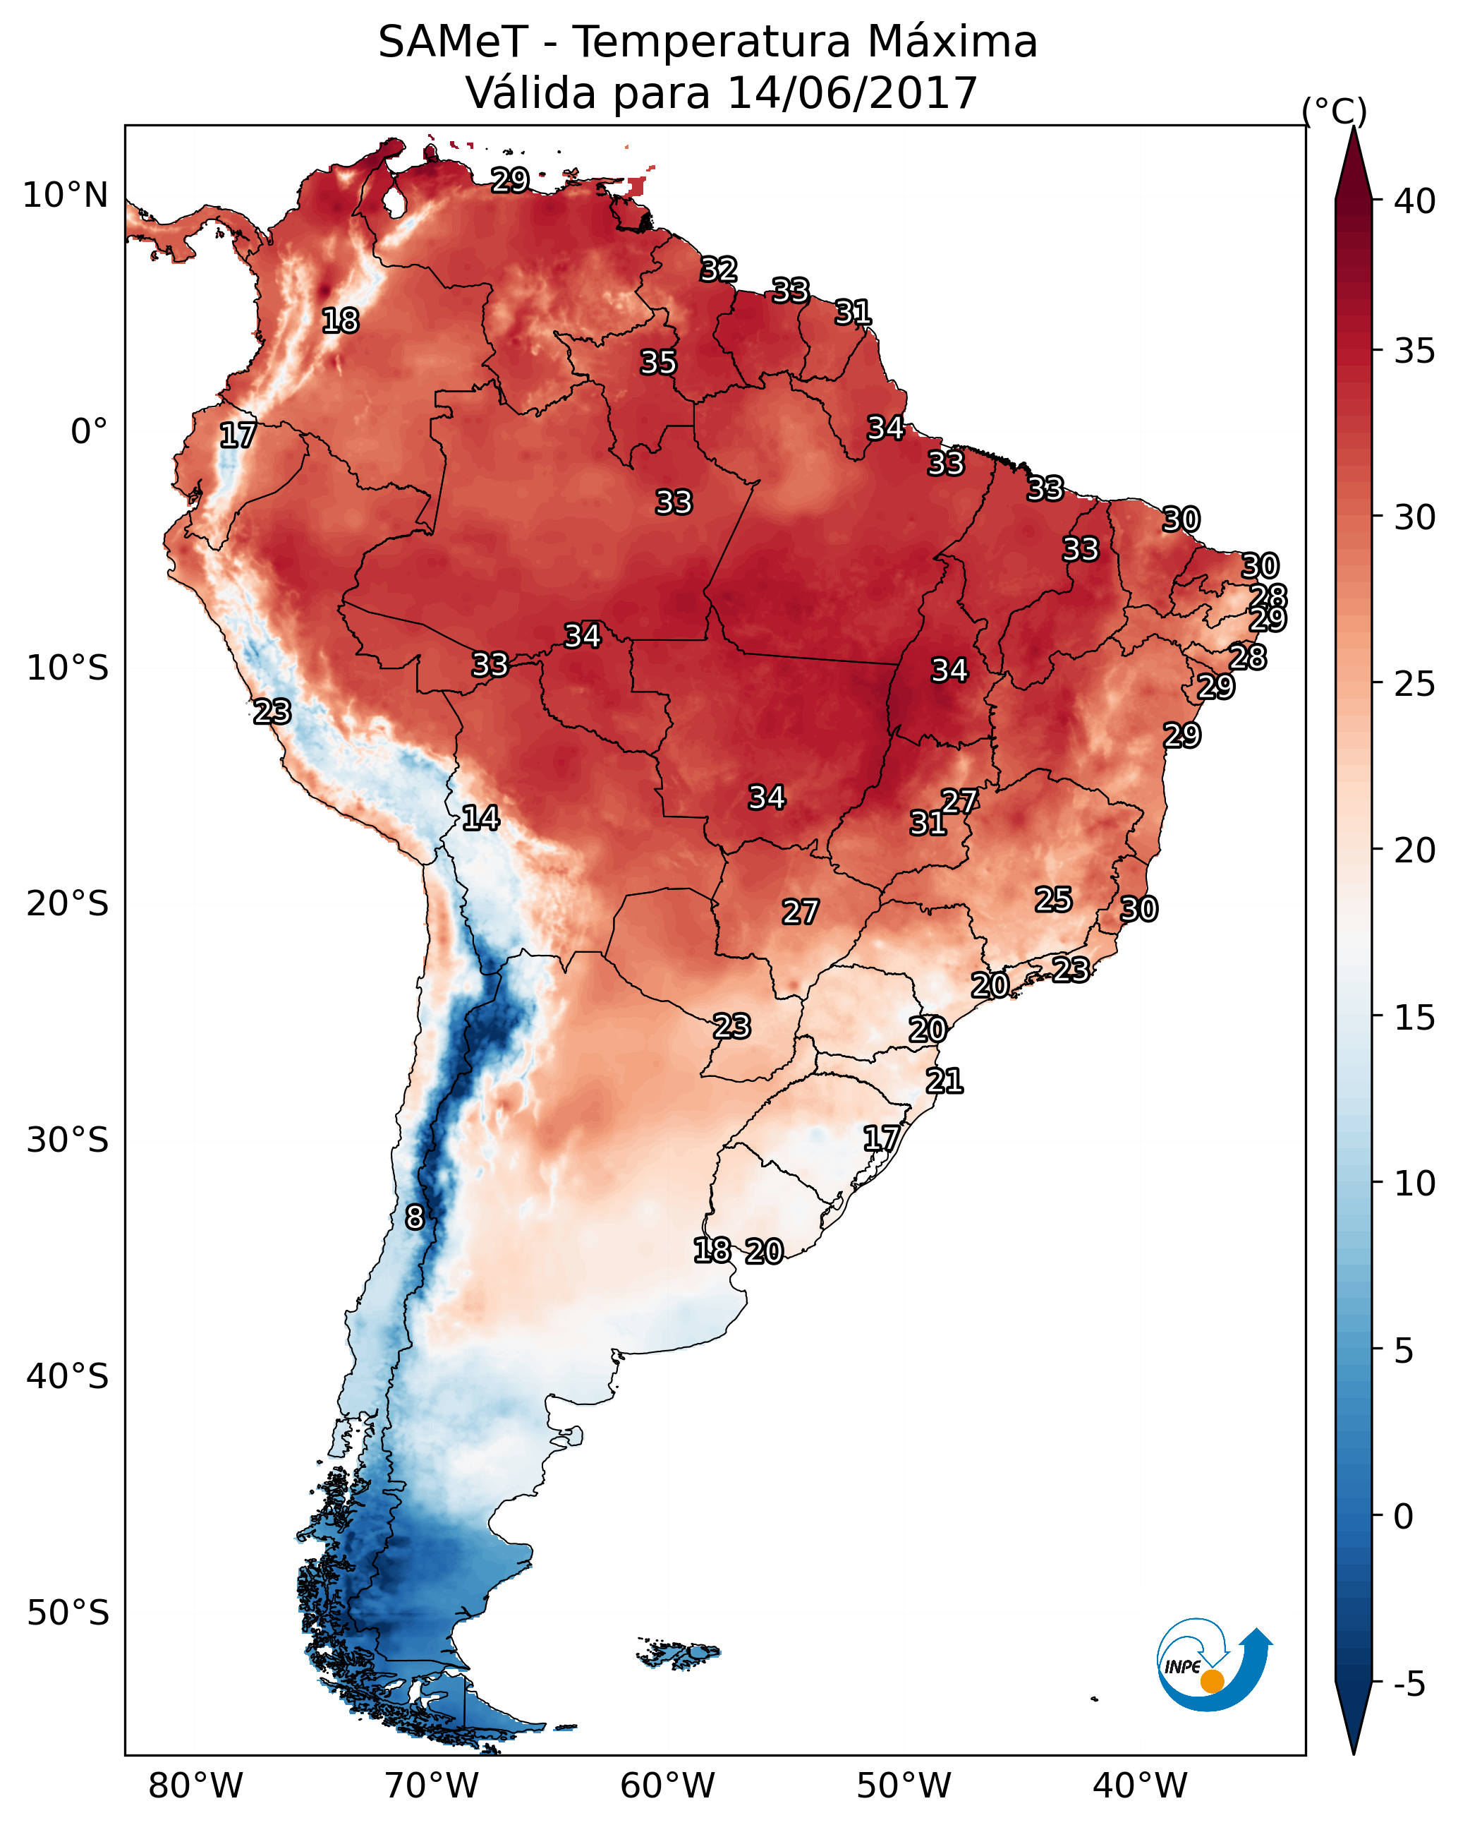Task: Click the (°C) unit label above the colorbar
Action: pyautogui.click(x=1334, y=111)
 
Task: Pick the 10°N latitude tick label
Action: pyautogui.click(x=65, y=195)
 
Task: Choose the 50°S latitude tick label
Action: pyautogui.click(x=68, y=1613)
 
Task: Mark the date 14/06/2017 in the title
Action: pyautogui.click(x=852, y=93)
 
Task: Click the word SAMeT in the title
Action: pyautogui.click(x=453, y=42)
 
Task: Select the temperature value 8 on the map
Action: pyautogui.click(x=415, y=1217)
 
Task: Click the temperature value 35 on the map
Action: pyautogui.click(x=658, y=362)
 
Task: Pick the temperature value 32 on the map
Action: pyautogui.click(x=719, y=269)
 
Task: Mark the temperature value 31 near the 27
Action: pyautogui.click(x=928, y=823)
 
